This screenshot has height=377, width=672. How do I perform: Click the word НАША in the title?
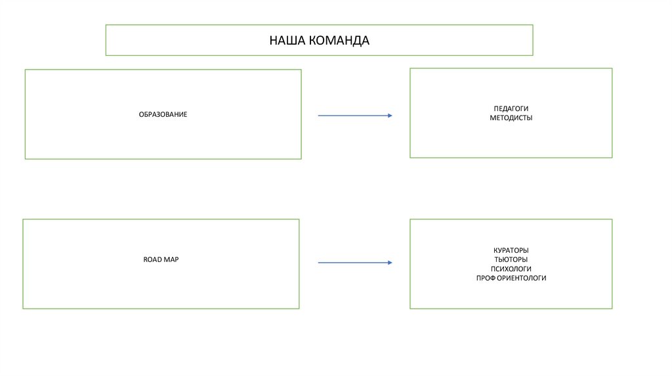284,41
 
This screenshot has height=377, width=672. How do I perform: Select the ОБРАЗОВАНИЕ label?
163,115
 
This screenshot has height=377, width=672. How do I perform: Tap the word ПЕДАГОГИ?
511,108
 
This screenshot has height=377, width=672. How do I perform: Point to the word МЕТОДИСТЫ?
511,118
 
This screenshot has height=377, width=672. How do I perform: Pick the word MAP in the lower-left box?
172,260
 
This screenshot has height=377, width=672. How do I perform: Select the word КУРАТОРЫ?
511,251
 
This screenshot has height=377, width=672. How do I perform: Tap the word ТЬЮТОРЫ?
511,260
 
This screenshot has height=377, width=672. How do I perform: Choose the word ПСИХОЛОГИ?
511,269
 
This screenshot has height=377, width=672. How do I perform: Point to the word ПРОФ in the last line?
486,278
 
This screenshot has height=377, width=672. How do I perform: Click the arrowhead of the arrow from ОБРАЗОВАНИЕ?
389,116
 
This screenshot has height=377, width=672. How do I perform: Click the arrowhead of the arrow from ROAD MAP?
389,263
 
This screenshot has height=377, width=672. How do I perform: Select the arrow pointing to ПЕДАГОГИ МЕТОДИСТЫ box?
354,116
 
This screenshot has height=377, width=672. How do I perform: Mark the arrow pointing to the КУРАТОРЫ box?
354,263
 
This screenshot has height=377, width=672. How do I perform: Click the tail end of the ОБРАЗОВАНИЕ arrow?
320,116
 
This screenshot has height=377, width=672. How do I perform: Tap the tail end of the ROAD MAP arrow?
320,263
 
